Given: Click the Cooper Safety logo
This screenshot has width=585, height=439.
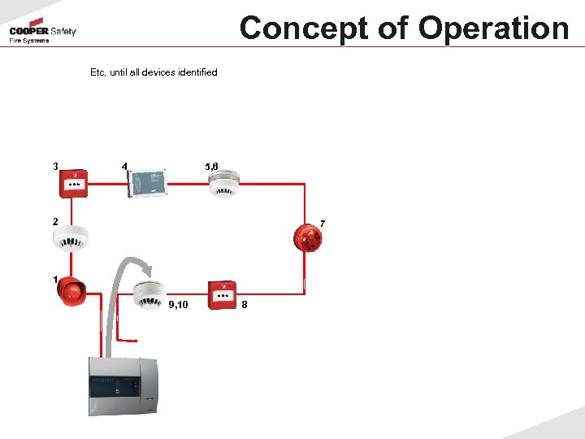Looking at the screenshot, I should click(42, 33).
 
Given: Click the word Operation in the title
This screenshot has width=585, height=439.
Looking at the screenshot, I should click(493, 28).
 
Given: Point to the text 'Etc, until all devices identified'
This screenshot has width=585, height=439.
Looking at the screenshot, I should click(154, 72).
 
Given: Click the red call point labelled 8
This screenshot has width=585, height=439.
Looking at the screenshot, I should click(221, 295).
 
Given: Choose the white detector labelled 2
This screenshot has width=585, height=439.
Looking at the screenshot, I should click(69, 237).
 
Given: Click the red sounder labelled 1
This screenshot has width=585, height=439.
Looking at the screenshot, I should click(71, 291).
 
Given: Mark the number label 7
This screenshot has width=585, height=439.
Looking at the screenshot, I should click(323, 223).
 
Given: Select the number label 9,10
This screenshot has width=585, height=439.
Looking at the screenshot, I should click(178, 305).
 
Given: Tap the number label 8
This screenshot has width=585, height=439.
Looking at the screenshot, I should click(245, 305).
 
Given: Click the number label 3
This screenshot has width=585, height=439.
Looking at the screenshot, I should click(54, 167).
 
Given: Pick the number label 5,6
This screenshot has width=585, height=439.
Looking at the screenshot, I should click(211, 167).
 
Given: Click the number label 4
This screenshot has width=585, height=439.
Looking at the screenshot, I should click(123, 167).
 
